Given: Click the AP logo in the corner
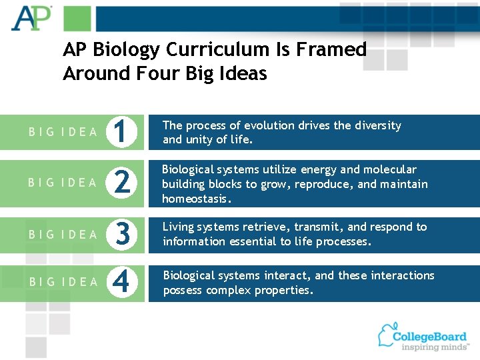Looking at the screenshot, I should click(x=31, y=18).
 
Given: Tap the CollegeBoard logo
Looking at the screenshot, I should click(x=423, y=337).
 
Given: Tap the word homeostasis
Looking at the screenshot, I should click(x=197, y=199).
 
